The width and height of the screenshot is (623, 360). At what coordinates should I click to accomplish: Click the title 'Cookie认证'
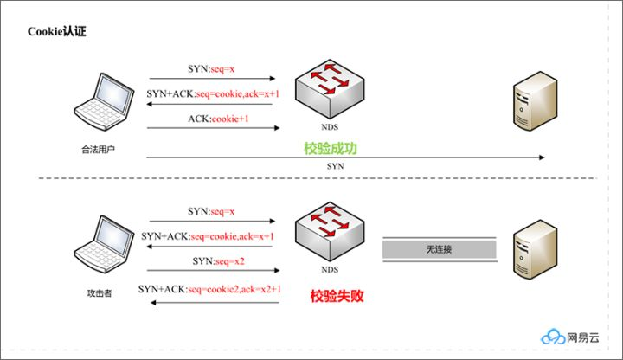pyautogui.click(x=57, y=32)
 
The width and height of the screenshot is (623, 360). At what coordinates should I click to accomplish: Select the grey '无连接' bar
pyautogui.click(x=440, y=249)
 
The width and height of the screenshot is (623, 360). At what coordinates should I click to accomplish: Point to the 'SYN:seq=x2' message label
pyautogui.click(x=213, y=261)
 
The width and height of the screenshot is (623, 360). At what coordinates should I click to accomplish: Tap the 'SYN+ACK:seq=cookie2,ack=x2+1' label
pyautogui.click(x=211, y=289)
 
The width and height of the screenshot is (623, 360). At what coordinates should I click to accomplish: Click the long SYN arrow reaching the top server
pyautogui.click(x=346, y=157)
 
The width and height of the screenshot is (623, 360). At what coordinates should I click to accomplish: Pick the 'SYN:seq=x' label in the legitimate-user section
pyautogui.click(x=211, y=67)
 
